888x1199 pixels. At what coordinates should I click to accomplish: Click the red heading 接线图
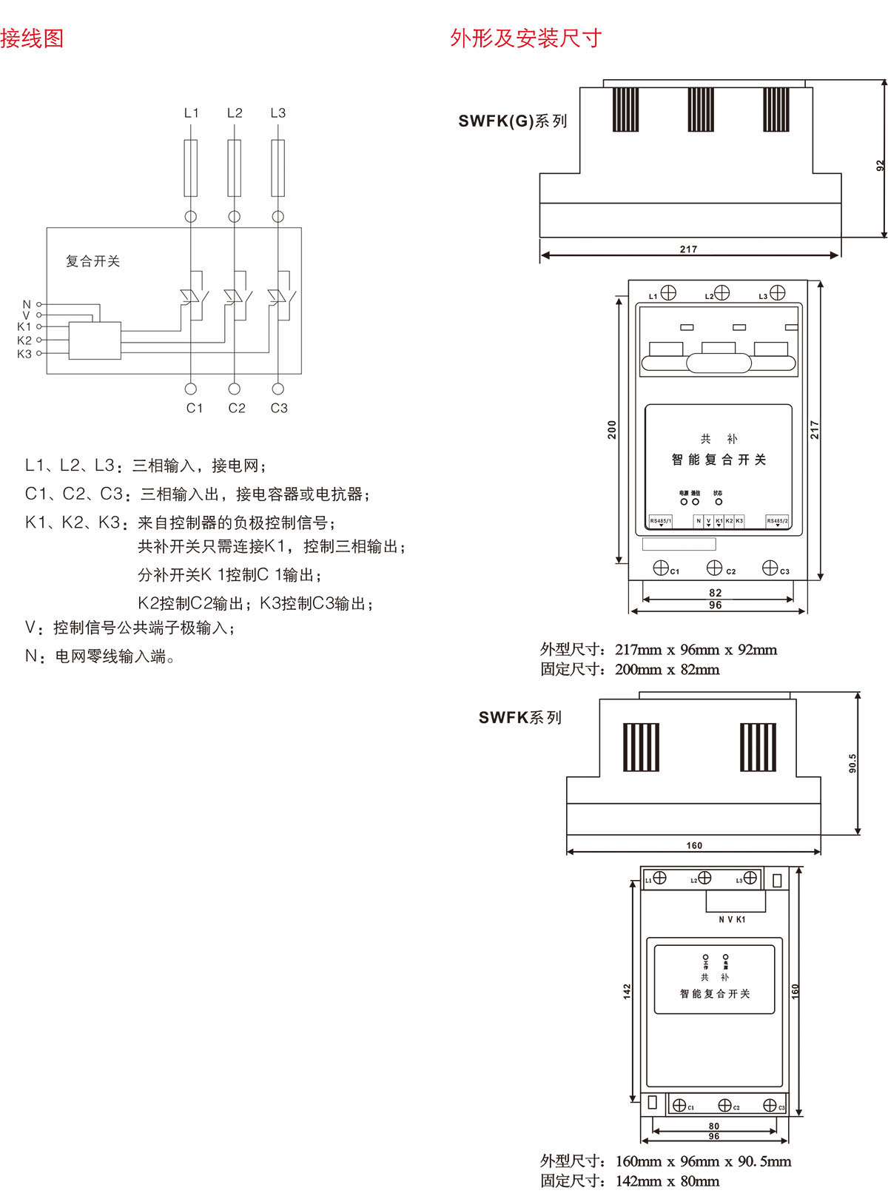pos(32,38)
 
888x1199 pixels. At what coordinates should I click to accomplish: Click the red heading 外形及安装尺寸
pos(525,38)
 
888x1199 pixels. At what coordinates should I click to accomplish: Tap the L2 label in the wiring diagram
pos(235,113)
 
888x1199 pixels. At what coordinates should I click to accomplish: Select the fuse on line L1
pos(191,168)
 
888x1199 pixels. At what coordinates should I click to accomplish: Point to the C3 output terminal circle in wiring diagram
pos(278,389)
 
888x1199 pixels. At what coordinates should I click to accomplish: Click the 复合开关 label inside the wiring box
pos(92,261)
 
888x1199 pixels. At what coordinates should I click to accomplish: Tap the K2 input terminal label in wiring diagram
pos(24,340)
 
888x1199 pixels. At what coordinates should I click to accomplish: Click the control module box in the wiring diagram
pos(95,340)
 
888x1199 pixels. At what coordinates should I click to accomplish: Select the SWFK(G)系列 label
pos(512,121)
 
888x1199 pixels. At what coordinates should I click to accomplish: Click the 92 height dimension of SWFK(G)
pos(880,166)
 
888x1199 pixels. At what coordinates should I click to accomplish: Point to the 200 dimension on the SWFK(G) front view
pos(612,430)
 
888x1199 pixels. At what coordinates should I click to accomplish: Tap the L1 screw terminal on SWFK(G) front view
pos(668,292)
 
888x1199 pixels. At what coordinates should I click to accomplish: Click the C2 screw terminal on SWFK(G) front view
pos(714,568)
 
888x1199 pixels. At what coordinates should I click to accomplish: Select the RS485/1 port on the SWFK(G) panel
pos(660,521)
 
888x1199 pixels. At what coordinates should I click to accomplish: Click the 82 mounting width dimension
pos(715,593)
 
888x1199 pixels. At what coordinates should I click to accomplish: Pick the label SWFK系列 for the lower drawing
pos(519,717)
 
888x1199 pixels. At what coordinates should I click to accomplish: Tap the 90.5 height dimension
pos(852,763)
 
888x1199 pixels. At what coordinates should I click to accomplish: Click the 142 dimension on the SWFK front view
pos(627,992)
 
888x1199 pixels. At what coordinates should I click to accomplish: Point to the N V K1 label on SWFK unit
pos(732,919)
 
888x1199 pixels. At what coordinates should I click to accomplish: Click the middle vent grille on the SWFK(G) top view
pos(701,110)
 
